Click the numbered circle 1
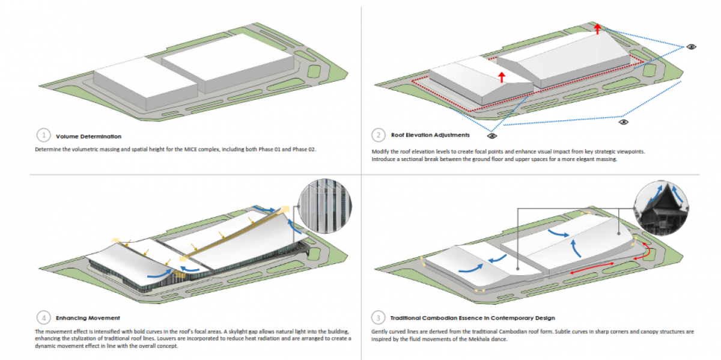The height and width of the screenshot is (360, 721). [x=43, y=135]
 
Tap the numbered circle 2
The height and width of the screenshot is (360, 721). [x=378, y=135]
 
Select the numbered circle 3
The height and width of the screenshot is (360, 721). [x=378, y=317]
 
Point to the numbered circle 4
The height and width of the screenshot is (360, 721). [x=43, y=317]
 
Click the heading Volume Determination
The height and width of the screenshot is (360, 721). [x=88, y=136]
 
